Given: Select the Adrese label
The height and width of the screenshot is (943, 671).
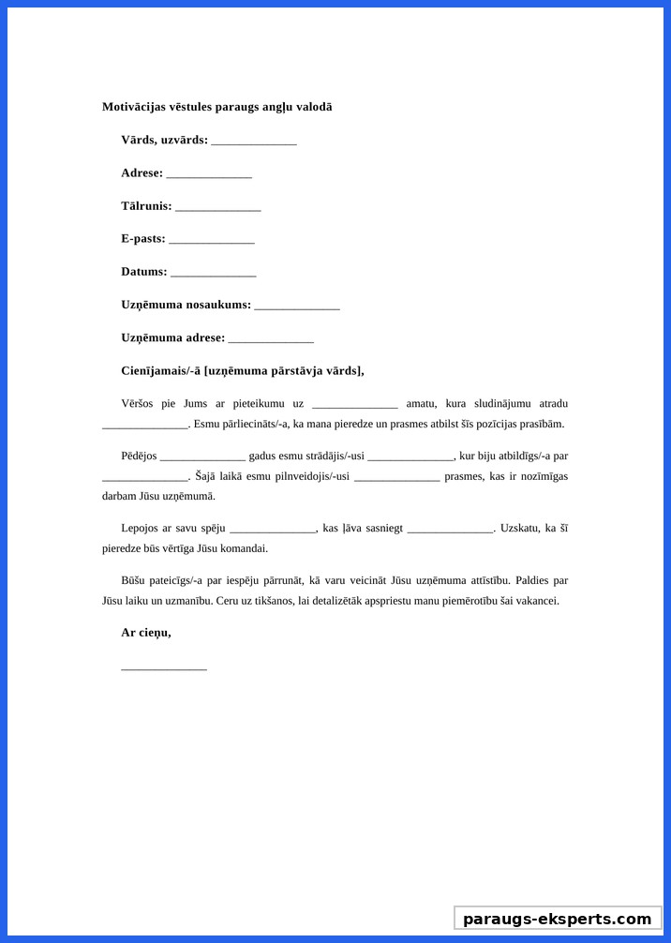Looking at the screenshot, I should click(x=142, y=173).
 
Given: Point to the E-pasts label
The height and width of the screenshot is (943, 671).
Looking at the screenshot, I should click(x=142, y=239).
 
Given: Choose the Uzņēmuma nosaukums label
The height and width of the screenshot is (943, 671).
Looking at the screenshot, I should click(x=186, y=305).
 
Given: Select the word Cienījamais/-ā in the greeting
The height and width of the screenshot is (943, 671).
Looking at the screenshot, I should click(x=160, y=370).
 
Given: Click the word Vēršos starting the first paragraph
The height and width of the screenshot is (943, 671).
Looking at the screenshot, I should click(x=140, y=404).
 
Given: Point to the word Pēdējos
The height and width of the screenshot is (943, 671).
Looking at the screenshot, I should click(x=139, y=457).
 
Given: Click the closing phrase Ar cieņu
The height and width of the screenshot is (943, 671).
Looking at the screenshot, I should click(x=145, y=633).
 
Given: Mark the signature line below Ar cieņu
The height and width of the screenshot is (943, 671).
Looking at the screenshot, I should click(x=164, y=668).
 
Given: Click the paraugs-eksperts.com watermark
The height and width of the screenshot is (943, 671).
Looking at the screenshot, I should click(x=557, y=919).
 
